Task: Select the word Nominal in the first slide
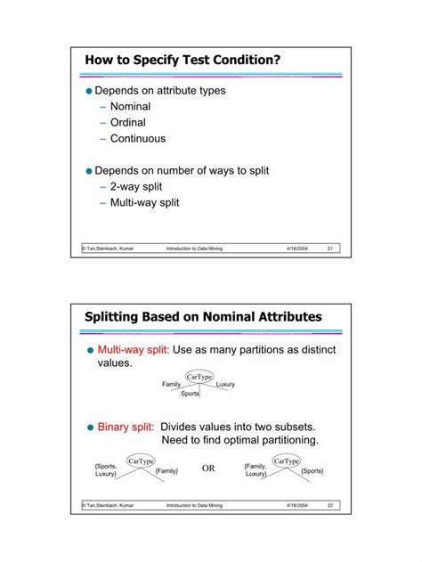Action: [x=130, y=107]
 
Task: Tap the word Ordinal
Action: [x=127, y=123]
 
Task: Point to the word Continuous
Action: [x=137, y=139]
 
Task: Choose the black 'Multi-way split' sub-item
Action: [x=144, y=202]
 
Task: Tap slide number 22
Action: [x=329, y=505]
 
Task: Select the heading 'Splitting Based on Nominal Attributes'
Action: [x=203, y=316]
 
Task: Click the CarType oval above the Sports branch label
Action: [x=199, y=377]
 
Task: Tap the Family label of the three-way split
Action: [x=172, y=385]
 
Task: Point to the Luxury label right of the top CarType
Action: [x=225, y=385]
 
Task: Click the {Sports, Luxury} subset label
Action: [x=106, y=469]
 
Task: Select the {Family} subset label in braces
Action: [x=166, y=470]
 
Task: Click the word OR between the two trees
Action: [x=209, y=468]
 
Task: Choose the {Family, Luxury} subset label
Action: [x=256, y=469]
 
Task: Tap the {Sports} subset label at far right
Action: [x=312, y=470]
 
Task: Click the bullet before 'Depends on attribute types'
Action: [x=89, y=91]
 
